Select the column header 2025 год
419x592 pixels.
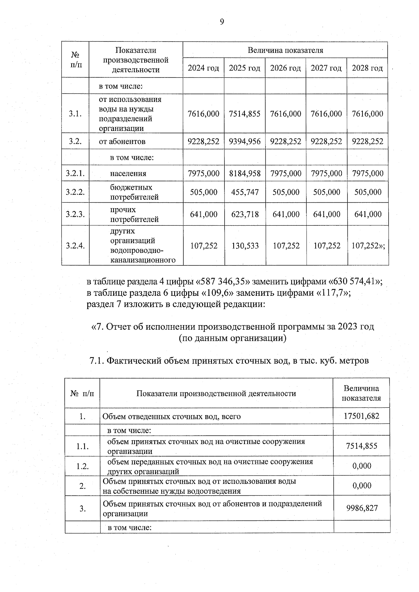244,68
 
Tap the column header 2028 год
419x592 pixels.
367,68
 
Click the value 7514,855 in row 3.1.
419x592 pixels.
244,114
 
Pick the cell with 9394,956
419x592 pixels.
244,141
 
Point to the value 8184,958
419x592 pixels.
245,173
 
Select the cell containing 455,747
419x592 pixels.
245,192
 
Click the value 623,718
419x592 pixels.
245,214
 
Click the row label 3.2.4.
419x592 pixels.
75,246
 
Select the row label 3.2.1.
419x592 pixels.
75,173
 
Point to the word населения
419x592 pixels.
128,173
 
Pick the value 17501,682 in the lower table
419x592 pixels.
361,416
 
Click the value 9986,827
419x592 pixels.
362,508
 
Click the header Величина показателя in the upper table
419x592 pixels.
285,50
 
